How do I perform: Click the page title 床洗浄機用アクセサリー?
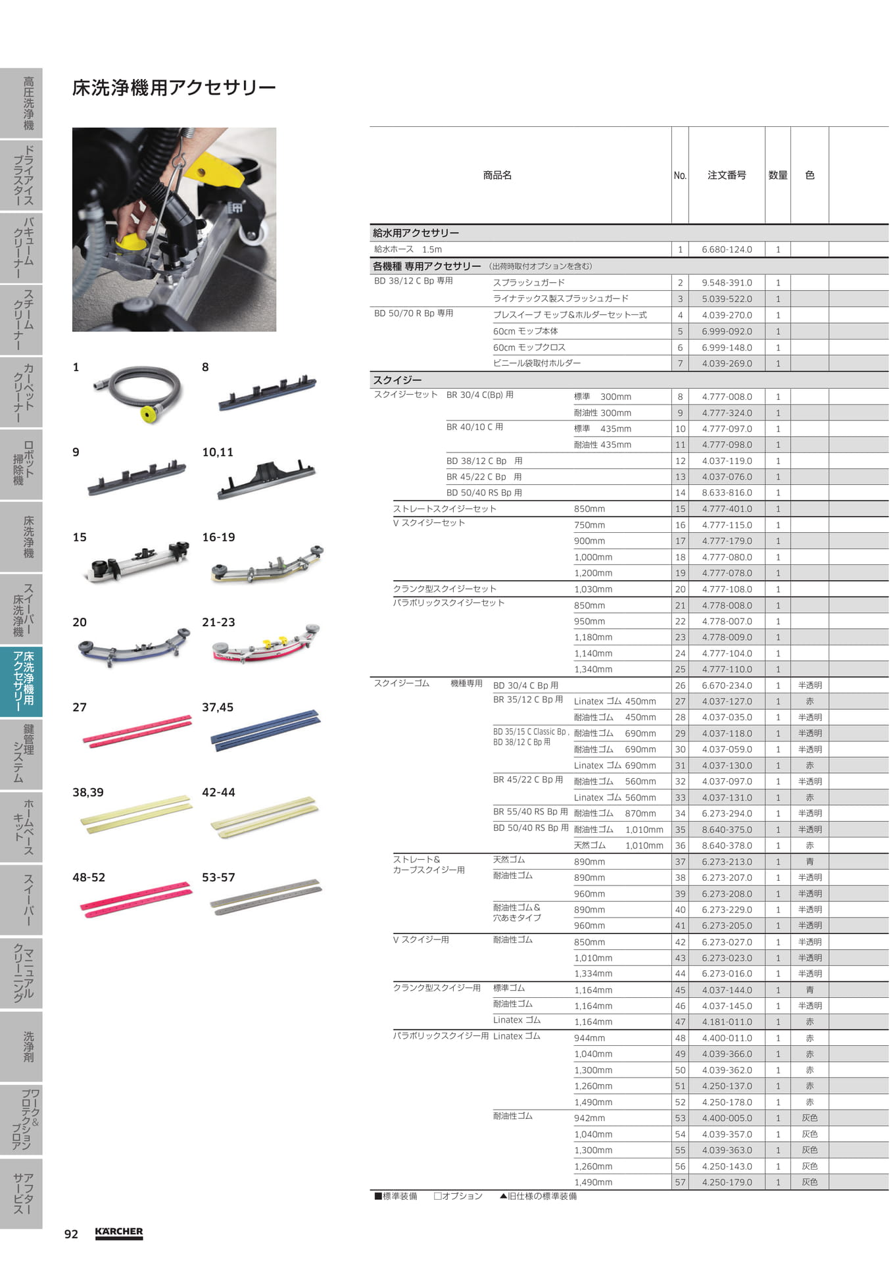click(174, 87)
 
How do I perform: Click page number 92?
click(71, 1234)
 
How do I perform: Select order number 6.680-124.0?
click(727, 249)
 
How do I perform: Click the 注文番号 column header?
click(727, 175)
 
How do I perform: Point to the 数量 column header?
click(778, 175)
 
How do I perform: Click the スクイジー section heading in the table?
click(397, 380)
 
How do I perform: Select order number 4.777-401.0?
click(727, 508)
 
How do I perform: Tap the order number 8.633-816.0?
click(727, 493)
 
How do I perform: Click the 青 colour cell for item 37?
click(809, 862)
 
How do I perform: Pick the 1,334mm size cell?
click(593, 974)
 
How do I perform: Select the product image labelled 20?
click(134, 645)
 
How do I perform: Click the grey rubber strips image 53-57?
click(266, 897)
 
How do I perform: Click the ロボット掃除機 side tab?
click(21, 464)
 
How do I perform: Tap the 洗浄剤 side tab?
click(21, 1046)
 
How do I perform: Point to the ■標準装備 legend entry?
click(396, 1196)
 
